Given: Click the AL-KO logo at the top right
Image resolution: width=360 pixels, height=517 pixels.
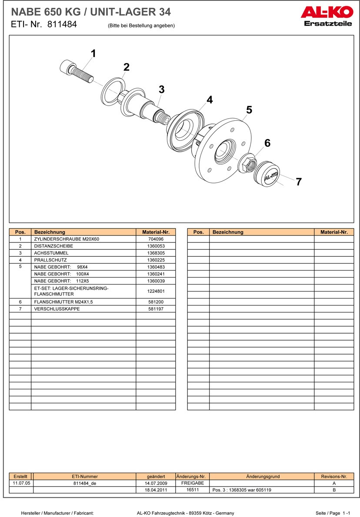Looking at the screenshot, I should [x=326, y=12].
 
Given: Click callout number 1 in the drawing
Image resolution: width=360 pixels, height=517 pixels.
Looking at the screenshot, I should [x=93, y=54].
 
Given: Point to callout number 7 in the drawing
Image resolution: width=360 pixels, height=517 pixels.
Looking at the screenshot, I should [x=299, y=182].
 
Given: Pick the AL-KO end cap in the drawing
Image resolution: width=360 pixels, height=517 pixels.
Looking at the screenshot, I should [x=267, y=174].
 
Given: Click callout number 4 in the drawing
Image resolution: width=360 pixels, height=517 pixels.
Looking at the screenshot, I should [x=210, y=100].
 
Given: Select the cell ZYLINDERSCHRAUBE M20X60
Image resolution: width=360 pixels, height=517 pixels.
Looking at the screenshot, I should [x=67, y=239].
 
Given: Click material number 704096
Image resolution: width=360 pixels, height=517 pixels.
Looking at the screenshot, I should [x=155, y=239].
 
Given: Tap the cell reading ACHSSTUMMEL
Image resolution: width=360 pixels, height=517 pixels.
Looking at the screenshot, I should [x=51, y=253].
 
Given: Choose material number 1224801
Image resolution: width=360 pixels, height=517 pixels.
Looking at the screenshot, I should [x=155, y=291].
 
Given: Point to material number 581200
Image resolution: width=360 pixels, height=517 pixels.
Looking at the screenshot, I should [x=155, y=302].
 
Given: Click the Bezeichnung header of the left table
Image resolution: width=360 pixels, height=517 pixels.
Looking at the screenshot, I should [x=50, y=232].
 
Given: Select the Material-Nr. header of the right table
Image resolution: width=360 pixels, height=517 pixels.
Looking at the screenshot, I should [x=334, y=232].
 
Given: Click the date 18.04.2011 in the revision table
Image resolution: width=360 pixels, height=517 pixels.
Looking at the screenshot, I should [x=156, y=490].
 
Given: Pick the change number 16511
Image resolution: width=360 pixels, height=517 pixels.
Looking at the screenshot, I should [x=193, y=489].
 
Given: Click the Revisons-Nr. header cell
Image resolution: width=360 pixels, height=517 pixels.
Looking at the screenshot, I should [x=334, y=477].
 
